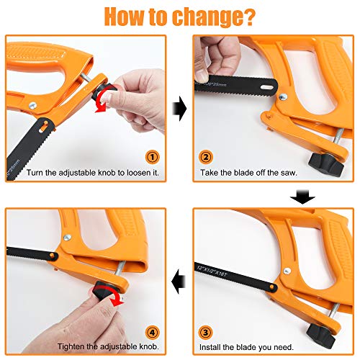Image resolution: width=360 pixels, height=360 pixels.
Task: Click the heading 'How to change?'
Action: coord(180,16)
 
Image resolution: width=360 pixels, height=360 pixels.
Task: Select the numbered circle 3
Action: coord(205,333)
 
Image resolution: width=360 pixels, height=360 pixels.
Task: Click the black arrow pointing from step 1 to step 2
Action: coord(180,109)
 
